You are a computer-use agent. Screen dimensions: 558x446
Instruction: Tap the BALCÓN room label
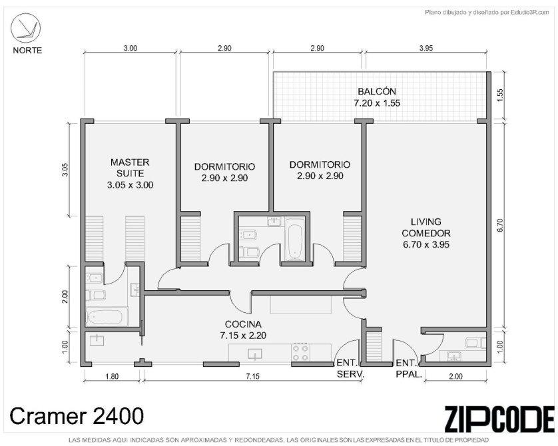pos(376,91)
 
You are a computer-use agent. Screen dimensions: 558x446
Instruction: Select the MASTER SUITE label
pos(130,168)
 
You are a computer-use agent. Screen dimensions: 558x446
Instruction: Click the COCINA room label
pos(243,324)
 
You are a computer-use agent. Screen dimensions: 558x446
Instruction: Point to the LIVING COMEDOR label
pos(426,228)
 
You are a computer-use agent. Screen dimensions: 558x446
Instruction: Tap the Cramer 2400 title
pos(77,416)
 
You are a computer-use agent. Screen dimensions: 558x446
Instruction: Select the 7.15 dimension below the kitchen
pos(252,376)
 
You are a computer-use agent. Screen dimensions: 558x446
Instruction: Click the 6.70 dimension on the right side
pos(500,225)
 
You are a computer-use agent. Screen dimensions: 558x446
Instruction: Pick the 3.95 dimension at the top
pos(425,48)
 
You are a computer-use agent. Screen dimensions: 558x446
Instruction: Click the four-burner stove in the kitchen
pos(300,352)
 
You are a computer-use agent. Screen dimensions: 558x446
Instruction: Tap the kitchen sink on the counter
pos(255,353)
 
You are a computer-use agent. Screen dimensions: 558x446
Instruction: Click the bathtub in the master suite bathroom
pos(107,317)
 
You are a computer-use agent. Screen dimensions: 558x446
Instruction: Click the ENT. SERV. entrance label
pos(350,369)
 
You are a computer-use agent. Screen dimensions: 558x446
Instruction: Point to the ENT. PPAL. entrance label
pos(409,369)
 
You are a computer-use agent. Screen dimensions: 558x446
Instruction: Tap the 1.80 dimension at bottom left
pos(112,376)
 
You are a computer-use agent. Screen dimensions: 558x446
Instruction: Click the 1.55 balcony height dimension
pos(500,95)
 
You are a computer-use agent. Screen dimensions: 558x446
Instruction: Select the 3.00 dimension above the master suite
pos(130,48)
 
